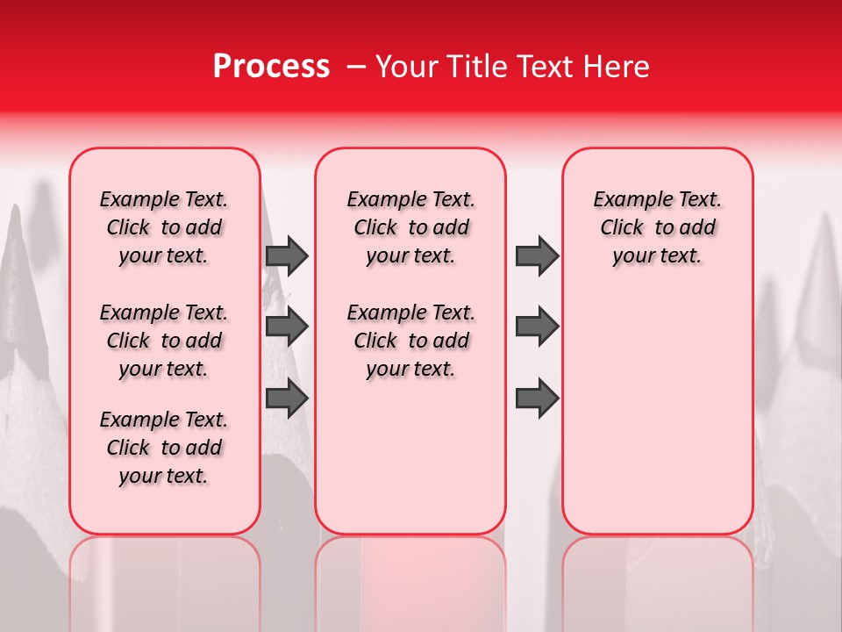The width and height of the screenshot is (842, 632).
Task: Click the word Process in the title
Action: pyautogui.click(x=271, y=67)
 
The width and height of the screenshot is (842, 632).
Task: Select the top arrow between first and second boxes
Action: pyautogui.click(x=286, y=255)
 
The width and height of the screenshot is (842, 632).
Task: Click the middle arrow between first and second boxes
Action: pyautogui.click(x=286, y=327)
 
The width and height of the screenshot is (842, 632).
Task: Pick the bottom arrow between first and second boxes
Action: pyautogui.click(x=286, y=399)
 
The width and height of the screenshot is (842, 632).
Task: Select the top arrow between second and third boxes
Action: pyautogui.click(x=537, y=255)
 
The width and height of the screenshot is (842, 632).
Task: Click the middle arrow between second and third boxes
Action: pyautogui.click(x=537, y=327)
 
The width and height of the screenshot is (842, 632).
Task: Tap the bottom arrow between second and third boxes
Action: pyautogui.click(x=537, y=399)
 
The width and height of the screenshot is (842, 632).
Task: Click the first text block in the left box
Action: pyautogui.click(x=164, y=227)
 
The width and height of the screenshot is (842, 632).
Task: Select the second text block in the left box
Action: pyautogui.click(x=164, y=341)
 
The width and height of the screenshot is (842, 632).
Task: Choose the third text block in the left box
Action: pyautogui.click(x=164, y=448)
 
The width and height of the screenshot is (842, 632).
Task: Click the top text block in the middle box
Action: pyautogui.click(x=410, y=227)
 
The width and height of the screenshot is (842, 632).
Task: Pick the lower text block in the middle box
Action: pyautogui.click(x=410, y=341)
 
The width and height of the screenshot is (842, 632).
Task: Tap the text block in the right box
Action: pyautogui.click(x=657, y=227)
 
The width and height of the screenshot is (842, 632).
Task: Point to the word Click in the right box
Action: pyautogui.click(x=622, y=228)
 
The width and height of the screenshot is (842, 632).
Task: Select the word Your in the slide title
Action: pyautogui.click(x=407, y=67)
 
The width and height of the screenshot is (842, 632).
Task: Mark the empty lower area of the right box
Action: pyautogui.click(x=657, y=404)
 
